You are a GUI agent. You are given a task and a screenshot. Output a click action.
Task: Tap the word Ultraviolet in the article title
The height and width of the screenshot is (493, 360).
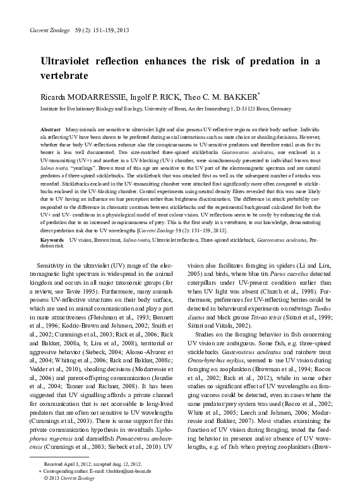click(75, 61)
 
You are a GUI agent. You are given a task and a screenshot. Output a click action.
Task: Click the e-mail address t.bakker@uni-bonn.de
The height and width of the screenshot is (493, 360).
click(134, 471)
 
